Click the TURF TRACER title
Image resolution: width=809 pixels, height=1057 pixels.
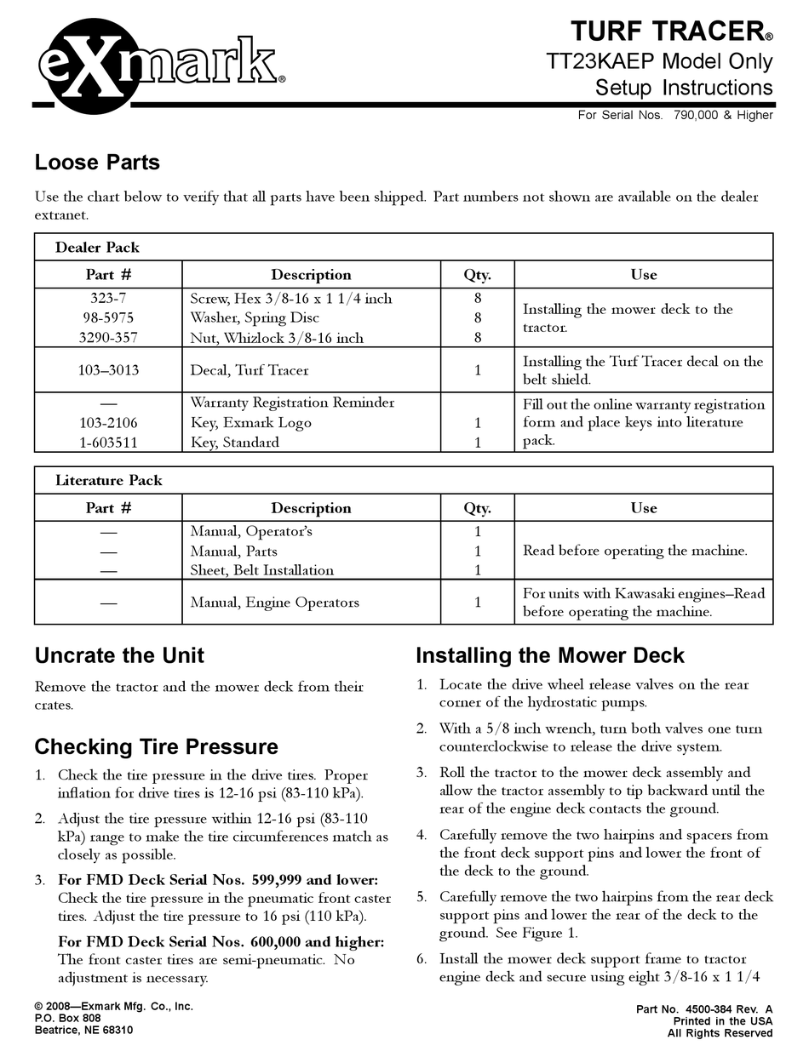(671, 31)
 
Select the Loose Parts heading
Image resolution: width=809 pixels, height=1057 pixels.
(97, 162)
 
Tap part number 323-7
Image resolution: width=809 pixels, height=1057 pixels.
(108, 299)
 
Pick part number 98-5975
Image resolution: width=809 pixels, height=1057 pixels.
(108, 317)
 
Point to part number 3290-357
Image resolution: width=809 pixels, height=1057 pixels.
(108, 337)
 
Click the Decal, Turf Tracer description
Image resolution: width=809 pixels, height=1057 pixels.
(249, 370)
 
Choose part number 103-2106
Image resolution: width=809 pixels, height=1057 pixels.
(108, 422)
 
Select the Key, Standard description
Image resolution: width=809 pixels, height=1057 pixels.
(234, 442)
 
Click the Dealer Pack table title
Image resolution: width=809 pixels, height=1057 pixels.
(97, 248)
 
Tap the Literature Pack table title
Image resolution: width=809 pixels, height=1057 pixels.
(108, 480)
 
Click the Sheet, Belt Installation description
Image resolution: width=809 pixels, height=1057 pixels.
(261, 570)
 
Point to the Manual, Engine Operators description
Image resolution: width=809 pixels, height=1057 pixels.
(274, 603)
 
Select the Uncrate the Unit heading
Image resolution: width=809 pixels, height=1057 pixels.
(119, 655)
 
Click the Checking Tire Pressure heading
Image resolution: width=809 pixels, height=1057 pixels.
(156, 746)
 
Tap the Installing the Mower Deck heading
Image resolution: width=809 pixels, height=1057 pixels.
(549, 655)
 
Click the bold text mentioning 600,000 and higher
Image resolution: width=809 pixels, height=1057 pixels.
(221, 941)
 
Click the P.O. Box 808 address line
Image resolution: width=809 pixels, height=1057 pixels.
(68, 1018)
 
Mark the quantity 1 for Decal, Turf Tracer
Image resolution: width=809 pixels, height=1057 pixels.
(478, 370)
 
